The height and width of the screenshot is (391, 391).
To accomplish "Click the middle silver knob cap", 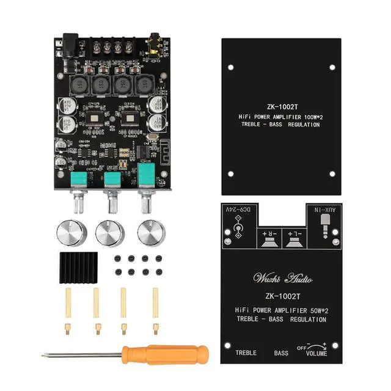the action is pyautogui.click(x=110, y=232).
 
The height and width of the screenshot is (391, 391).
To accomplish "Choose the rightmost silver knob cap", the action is pyautogui.click(x=150, y=232).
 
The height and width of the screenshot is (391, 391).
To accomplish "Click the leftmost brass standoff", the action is pyautogui.click(x=67, y=308).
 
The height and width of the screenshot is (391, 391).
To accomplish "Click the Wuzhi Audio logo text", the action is pyautogui.click(x=282, y=279).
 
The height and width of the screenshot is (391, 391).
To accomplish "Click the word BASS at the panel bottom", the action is pyautogui.click(x=281, y=353).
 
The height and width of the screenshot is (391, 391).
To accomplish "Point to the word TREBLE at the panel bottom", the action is pyautogui.click(x=246, y=353).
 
